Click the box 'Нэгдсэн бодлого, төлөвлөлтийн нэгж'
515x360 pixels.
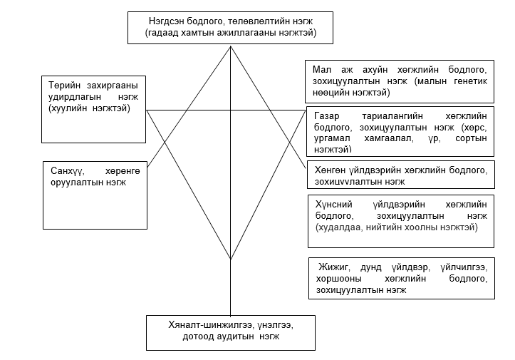230,28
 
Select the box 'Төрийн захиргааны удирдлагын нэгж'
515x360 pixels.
93,110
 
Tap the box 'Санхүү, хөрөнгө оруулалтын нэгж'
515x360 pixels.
95,195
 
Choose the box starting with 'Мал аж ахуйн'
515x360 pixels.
400,81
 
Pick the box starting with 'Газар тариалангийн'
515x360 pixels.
400,131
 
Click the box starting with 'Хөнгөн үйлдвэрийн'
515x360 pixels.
401,175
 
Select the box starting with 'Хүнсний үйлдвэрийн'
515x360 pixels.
401,221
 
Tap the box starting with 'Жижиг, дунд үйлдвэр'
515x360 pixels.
401,278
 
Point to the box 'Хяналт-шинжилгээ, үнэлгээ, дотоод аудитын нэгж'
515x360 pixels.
231,333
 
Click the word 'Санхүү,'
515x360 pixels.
68,171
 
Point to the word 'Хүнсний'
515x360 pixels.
333,205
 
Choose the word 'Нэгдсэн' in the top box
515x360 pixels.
166,21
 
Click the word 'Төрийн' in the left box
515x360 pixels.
64,86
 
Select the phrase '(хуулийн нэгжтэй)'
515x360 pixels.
89,108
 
